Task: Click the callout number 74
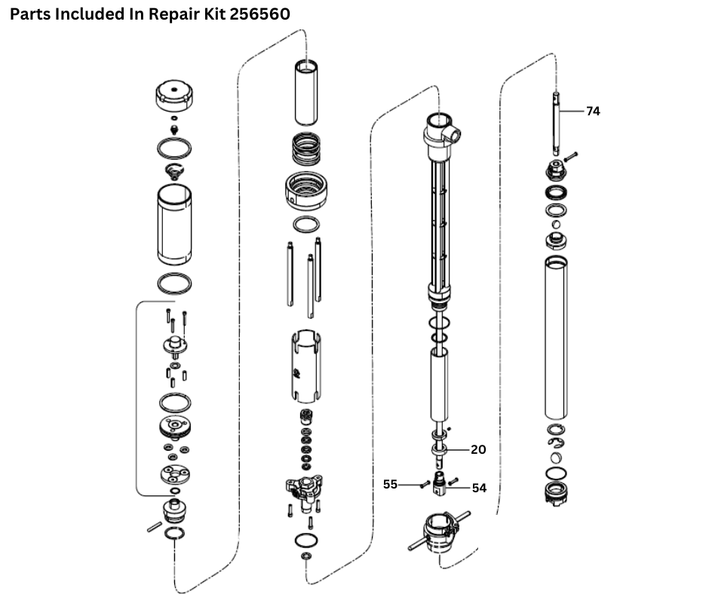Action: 593,111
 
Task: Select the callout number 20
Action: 478,449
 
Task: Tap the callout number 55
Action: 390,485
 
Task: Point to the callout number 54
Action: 479,488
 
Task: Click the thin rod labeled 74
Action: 557,121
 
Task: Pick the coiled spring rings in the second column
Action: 305,149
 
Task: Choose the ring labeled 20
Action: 440,449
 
